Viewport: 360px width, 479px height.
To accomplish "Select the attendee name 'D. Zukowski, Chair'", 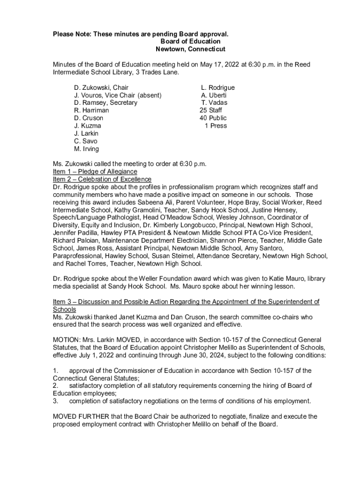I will (x=101, y=87).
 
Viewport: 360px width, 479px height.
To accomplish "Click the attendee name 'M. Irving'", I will (x=86, y=149).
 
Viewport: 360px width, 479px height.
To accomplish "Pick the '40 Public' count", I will (x=213, y=118).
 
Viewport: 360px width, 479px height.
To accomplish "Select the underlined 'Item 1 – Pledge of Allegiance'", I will (x=95, y=172).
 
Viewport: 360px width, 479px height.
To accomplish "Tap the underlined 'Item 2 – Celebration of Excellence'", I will (x=102, y=179).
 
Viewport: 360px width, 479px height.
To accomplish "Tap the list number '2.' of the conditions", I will (x=55, y=385).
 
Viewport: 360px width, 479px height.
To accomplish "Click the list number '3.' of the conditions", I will (x=55, y=401).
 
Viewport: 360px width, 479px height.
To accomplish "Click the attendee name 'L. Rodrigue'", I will (x=218, y=87).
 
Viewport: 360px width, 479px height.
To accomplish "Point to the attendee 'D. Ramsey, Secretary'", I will (x=106, y=102).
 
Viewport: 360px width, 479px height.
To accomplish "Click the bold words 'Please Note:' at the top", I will (x=72, y=34).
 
